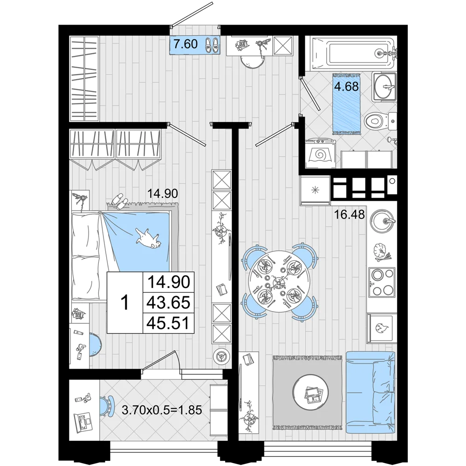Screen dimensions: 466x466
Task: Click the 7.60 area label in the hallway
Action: tap(185, 44)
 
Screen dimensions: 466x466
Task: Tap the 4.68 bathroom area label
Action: tap(346, 87)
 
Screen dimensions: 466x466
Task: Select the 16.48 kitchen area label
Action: tap(349, 214)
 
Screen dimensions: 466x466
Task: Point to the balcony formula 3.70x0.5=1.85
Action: tap(162, 410)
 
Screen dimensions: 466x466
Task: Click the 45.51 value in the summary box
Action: tap(169, 323)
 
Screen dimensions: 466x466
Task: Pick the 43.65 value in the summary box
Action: tap(169, 302)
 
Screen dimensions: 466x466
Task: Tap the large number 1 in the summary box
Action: tap(125, 302)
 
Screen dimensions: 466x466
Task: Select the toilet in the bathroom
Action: tap(380, 121)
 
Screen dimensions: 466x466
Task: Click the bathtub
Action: tap(352, 54)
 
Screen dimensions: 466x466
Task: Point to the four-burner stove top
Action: tap(382, 282)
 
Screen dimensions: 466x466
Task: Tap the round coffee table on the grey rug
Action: tap(310, 392)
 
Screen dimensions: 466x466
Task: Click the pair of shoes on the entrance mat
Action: tap(212, 45)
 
